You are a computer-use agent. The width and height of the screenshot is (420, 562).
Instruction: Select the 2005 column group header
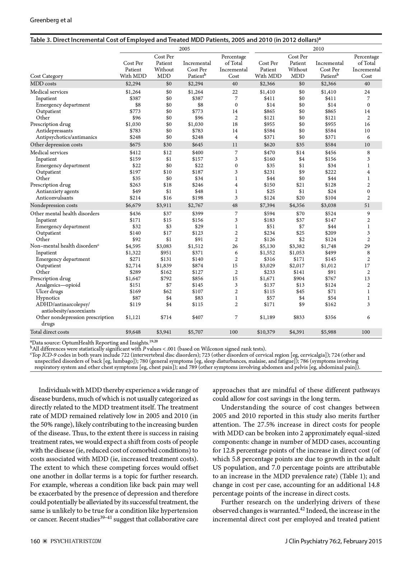click(x=185, y=49)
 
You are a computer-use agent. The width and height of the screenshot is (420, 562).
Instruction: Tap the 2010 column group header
click(x=318, y=49)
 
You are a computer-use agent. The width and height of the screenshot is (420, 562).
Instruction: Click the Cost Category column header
click(x=47, y=76)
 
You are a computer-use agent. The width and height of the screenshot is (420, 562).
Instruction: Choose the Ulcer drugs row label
click(x=49, y=291)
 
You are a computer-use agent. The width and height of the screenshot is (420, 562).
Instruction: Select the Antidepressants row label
click(x=54, y=131)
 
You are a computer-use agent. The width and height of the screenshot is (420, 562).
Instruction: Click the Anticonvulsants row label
click(x=55, y=198)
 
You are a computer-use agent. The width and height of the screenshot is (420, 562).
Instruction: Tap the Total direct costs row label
click(x=50, y=332)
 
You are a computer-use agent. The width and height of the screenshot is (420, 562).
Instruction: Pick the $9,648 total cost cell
click(x=133, y=332)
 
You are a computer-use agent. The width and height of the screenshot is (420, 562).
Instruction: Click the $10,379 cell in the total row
click(x=267, y=332)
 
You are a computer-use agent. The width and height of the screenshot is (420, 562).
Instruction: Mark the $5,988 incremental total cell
click(x=328, y=332)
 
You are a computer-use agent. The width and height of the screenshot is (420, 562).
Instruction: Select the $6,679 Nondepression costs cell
click(x=133, y=205)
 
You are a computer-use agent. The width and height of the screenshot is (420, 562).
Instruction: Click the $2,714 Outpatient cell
click(x=133, y=266)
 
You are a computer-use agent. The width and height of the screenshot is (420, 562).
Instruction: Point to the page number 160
click(x=35, y=542)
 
